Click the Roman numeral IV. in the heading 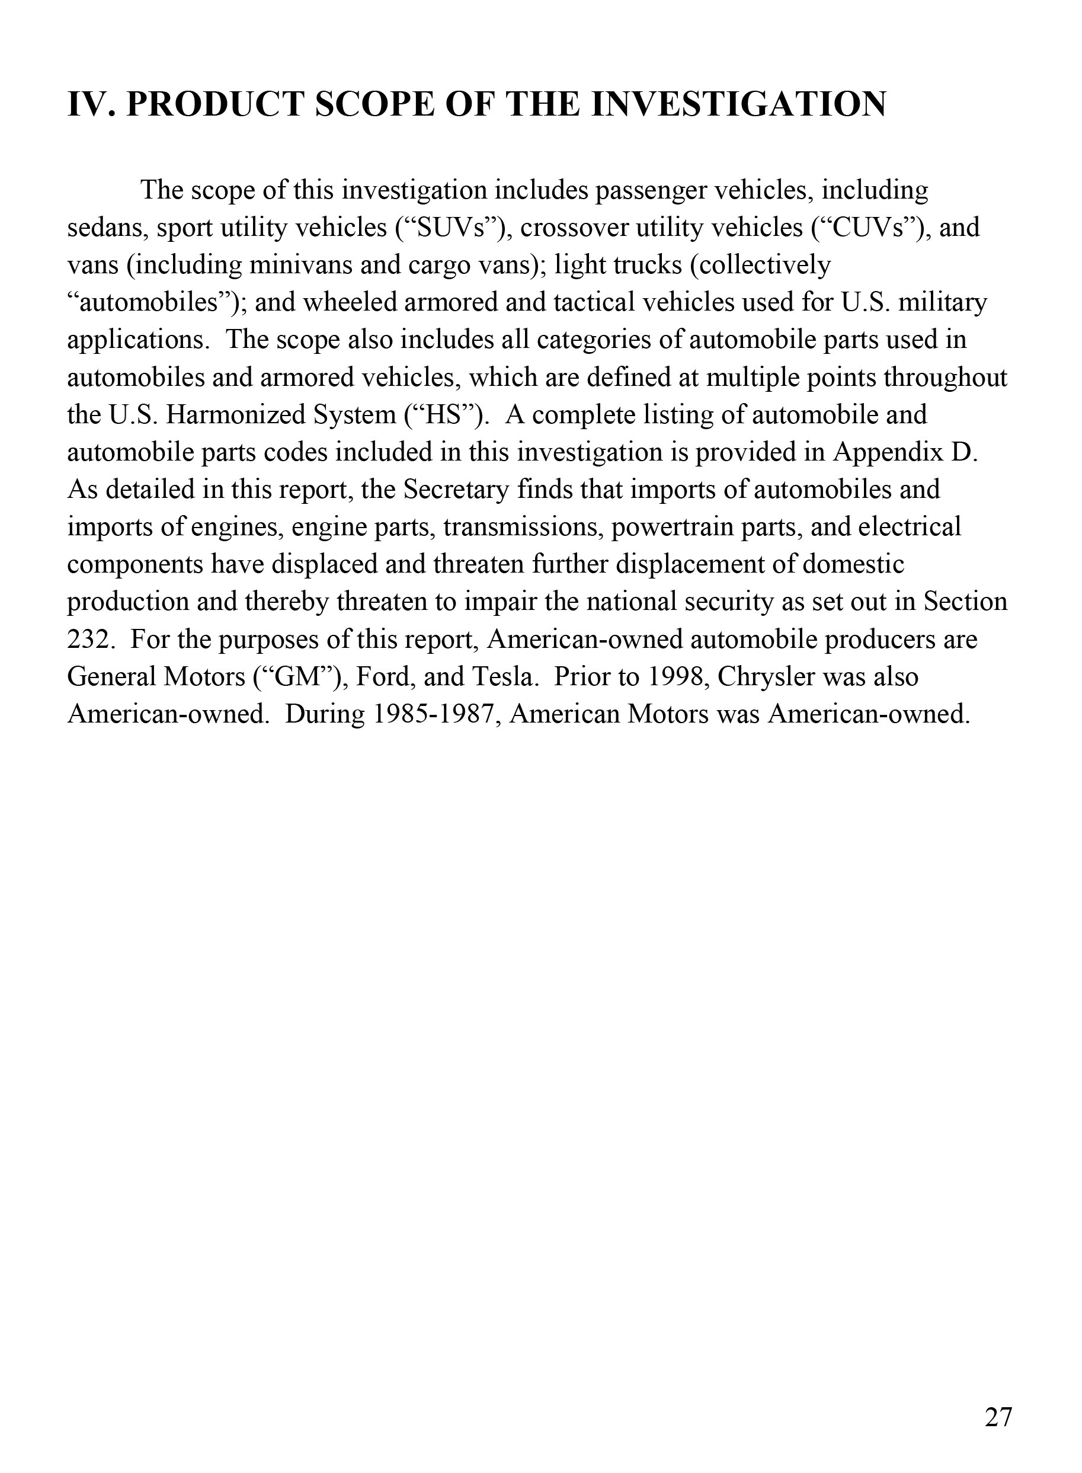[x=91, y=104]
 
